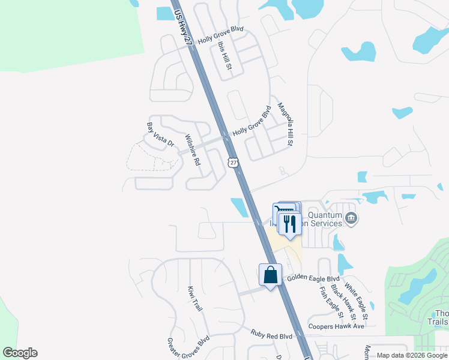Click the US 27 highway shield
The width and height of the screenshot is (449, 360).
pos(234,162)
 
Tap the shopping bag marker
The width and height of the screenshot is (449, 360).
pos(271,275)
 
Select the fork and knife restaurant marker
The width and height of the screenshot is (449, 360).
pos(290,224)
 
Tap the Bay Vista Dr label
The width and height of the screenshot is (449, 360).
pos(160,135)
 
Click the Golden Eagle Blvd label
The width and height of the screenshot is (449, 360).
pos(313,279)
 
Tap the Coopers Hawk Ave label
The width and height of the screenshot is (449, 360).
pos(336,326)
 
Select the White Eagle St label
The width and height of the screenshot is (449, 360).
pos(357,302)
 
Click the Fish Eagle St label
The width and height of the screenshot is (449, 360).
pos(331,302)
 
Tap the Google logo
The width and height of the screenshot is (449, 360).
pos(20,353)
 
